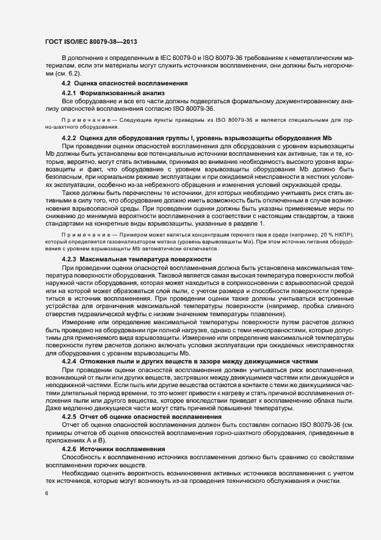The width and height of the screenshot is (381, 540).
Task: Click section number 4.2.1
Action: (69, 93)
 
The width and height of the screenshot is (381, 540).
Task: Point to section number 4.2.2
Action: (69, 138)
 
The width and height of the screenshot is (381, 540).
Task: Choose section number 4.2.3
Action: (69, 260)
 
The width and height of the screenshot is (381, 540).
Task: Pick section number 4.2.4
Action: (69, 361)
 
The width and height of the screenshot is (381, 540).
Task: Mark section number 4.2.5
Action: (69, 416)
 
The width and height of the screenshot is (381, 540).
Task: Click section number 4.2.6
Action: (69, 448)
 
